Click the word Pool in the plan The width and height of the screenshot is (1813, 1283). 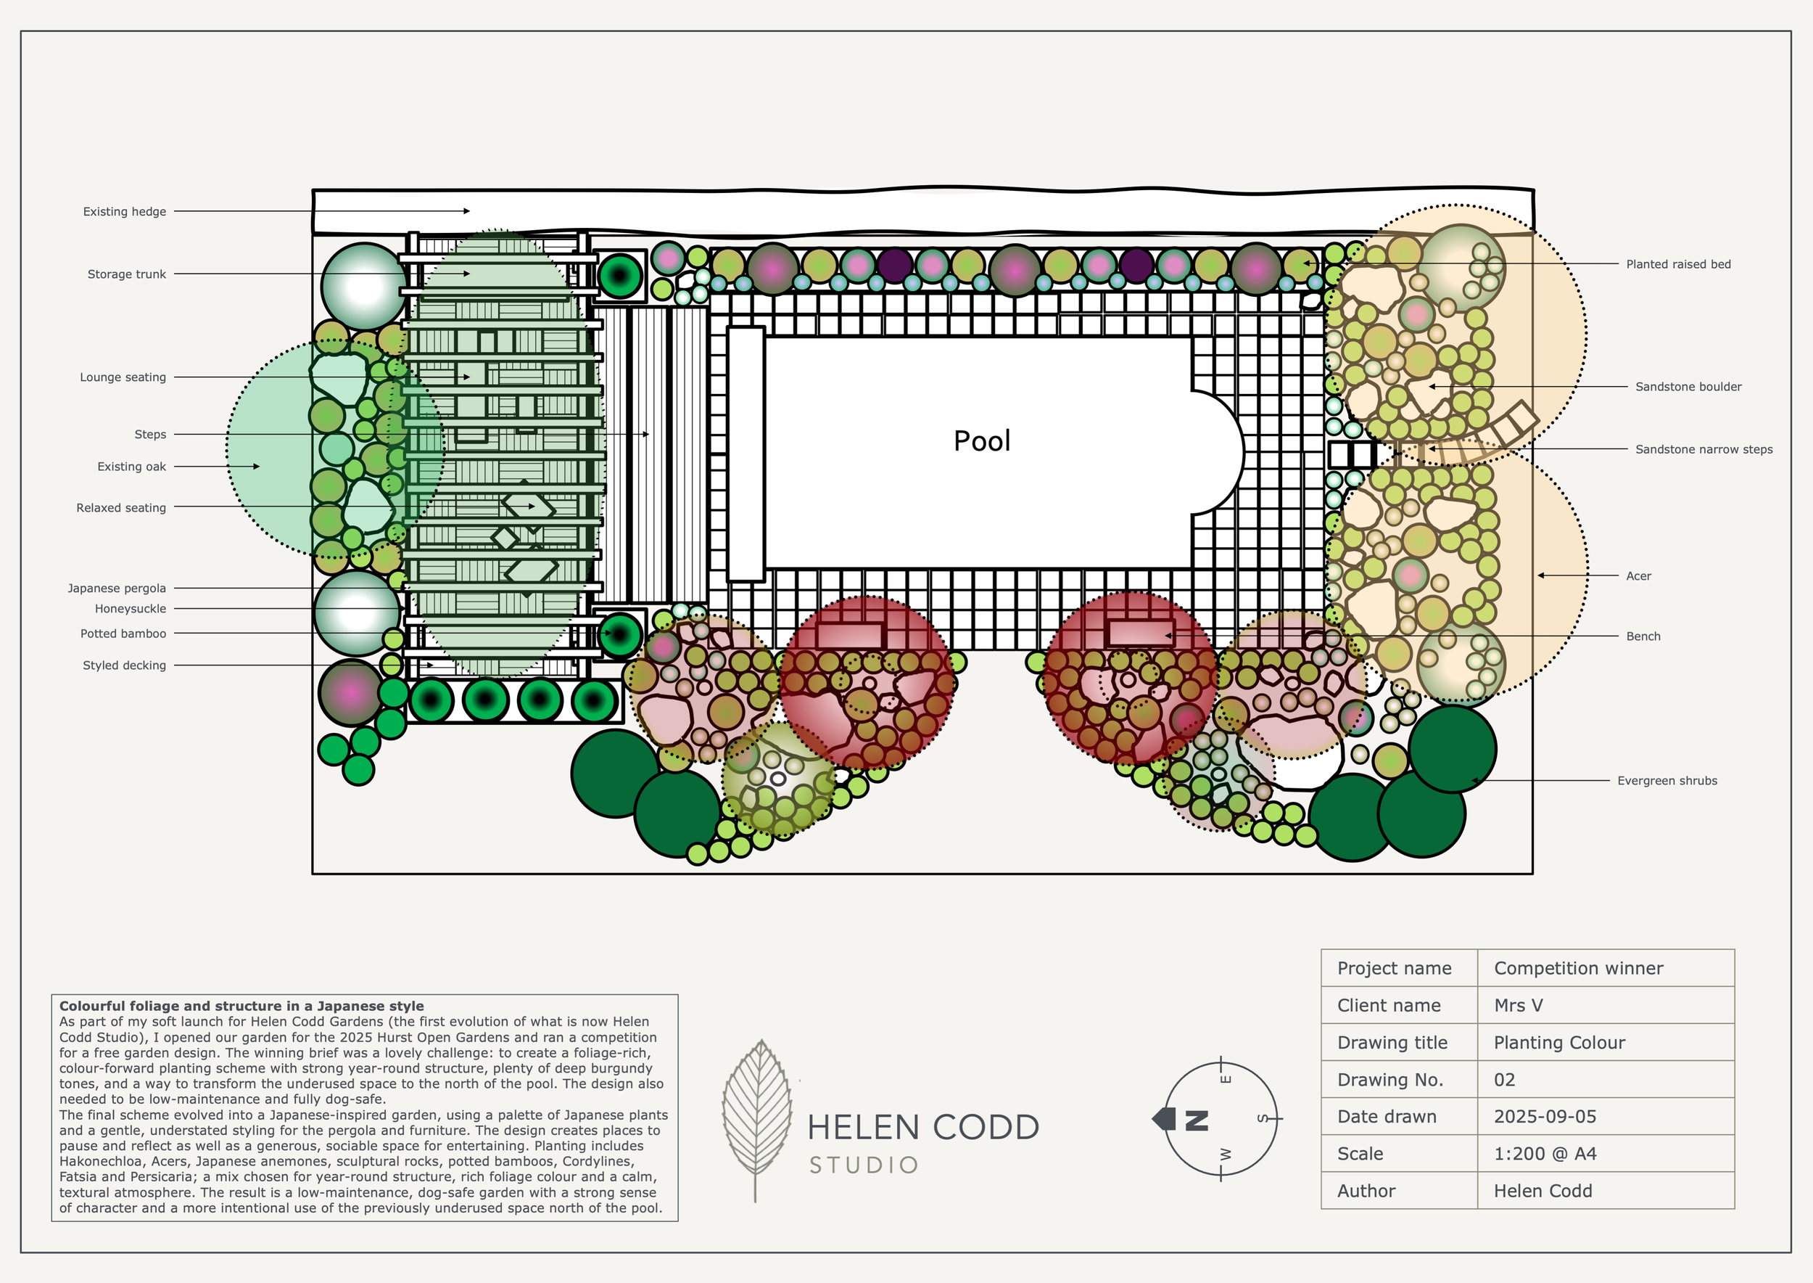[x=981, y=440]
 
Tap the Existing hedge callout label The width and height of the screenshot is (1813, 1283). [x=125, y=212]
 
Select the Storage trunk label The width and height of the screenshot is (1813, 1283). [x=126, y=274]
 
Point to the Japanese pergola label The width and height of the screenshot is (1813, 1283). [x=117, y=589]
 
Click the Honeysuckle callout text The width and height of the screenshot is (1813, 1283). [x=131, y=609]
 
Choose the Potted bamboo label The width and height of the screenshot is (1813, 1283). [x=123, y=634]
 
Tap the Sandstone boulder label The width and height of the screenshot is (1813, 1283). [x=1688, y=386]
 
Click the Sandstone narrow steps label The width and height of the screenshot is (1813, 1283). [x=1704, y=449]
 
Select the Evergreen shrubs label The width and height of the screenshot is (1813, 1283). [x=1667, y=781]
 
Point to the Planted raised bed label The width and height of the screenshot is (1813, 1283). [x=1678, y=265]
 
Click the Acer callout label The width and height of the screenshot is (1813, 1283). [x=1638, y=576]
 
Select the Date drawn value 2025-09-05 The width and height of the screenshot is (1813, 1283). [x=1545, y=1116]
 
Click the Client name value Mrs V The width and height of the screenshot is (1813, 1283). [x=1518, y=1006]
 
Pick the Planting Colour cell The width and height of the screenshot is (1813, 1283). [x=1558, y=1043]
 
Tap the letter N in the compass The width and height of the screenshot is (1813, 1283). [x=1197, y=1120]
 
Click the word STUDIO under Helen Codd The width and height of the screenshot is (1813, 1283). [x=863, y=1165]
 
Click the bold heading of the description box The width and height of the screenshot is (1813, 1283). [x=241, y=1006]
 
